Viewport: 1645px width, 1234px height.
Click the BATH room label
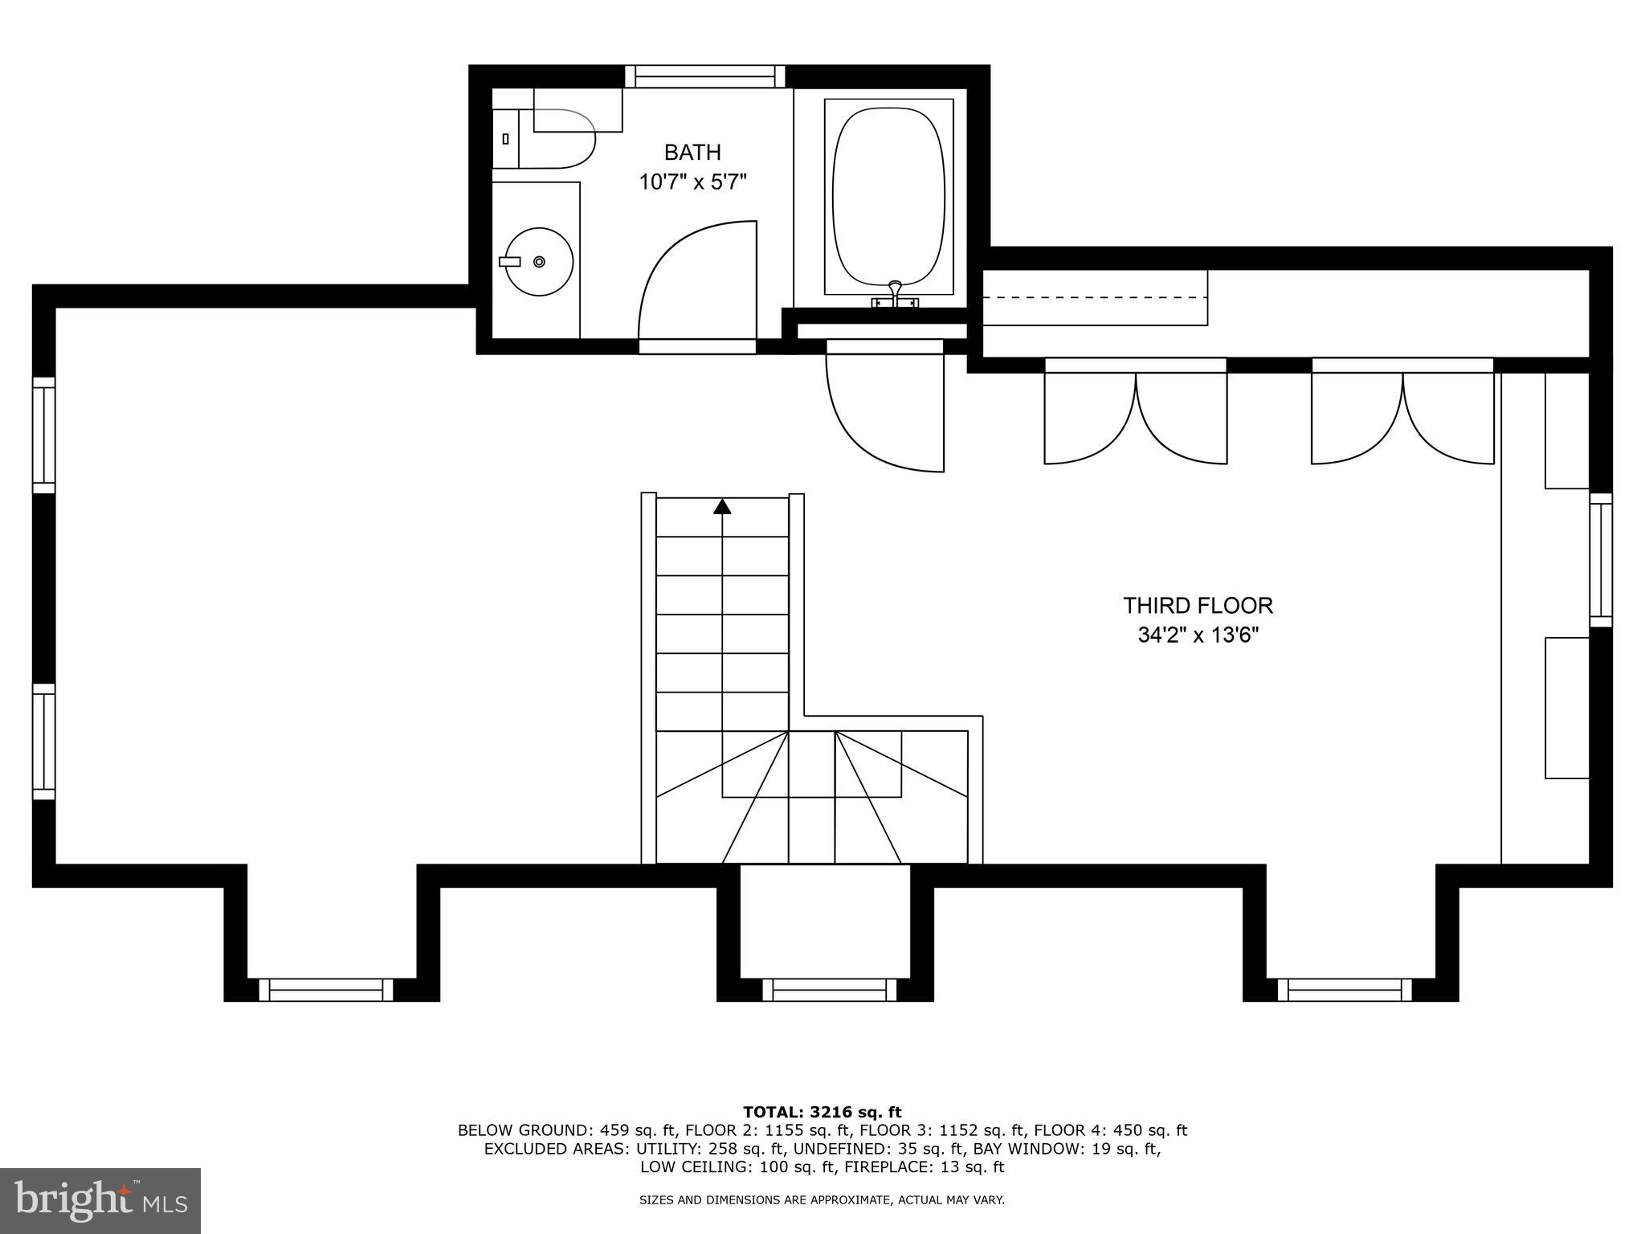(x=692, y=152)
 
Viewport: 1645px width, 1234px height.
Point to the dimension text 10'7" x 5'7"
(x=692, y=182)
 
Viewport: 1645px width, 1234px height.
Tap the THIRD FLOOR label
(x=1198, y=605)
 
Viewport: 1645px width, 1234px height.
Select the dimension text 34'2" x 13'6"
(x=1198, y=635)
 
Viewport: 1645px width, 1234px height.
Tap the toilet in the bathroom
(x=554, y=139)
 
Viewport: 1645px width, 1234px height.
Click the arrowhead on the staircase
(x=722, y=506)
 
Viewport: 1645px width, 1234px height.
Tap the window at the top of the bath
(x=705, y=76)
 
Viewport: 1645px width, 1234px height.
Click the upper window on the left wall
(x=43, y=435)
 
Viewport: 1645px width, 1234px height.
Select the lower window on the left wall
(x=43, y=741)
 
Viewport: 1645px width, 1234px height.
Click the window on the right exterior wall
(x=1601, y=559)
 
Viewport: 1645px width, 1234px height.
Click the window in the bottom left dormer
(x=326, y=989)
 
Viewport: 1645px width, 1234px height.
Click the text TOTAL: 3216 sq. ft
(x=822, y=1112)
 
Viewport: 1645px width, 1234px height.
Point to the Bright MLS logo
(x=100, y=1202)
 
